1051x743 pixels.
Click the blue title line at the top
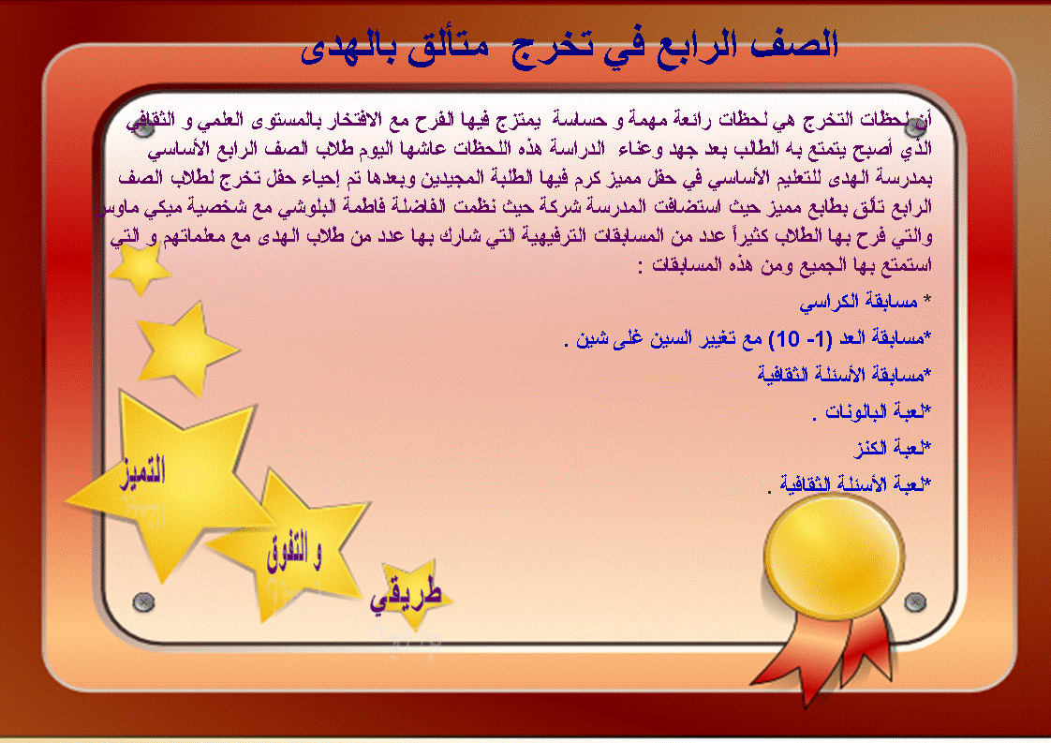point(570,47)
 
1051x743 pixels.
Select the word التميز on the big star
point(142,472)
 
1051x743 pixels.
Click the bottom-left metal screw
point(143,602)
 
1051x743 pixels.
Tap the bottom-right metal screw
point(915,602)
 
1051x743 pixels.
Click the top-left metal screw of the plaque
point(142,127)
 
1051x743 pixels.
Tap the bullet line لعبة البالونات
point(871,411)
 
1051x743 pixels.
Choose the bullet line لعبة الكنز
point(892,447)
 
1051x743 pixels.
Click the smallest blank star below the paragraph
point(140,268)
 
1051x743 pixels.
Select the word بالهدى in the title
point(348,50)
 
